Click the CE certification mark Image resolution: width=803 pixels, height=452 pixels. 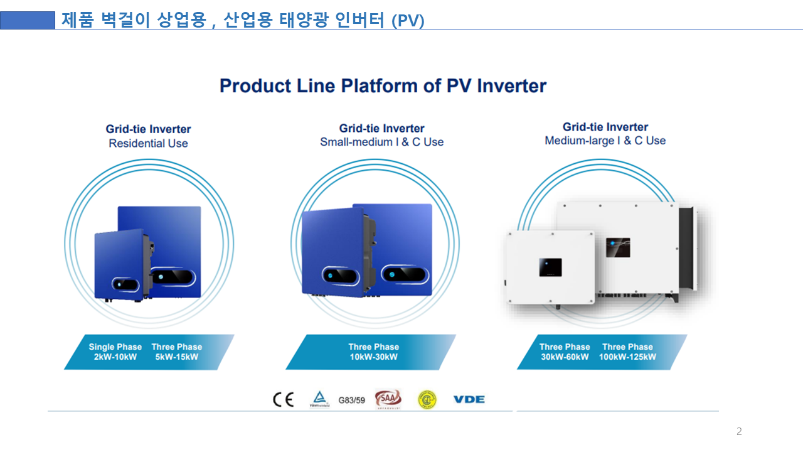pyautogui.click(x=283, y=400)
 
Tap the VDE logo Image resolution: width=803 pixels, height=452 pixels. pyautogui.click(x=469, y=399)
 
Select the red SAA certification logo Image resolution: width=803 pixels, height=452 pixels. pyautogui.click(x=388, y=399)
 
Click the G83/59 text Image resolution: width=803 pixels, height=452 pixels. pyautogui.click(x=351, y=400)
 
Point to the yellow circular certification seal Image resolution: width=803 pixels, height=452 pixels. pyautogui.click(x=427, y=399)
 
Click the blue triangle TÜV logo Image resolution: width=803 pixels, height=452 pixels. pyautogui.click(x=319, y=398)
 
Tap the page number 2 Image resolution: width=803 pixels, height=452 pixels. pyautogui.click(x=739, y=431)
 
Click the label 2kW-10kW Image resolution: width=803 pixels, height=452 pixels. pyautogui.click(x=115, y=357)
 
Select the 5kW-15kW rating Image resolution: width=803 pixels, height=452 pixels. pyautogui.click(x=177, y=357)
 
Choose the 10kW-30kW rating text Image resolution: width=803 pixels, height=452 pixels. pyautogui.click(x=374, y=357)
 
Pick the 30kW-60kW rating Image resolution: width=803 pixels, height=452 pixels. pyautogui.click(x=565, y=357)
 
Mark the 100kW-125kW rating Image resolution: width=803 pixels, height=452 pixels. pyautogui.click(x=627, y=357)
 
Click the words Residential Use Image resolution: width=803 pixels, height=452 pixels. pyautogui.click(x=148, y=143)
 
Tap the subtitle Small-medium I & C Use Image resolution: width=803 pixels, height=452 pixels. pyautogui.click(x=381, y=142)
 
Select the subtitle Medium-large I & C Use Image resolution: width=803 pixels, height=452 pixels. pyautogui.click(x=605, y=141)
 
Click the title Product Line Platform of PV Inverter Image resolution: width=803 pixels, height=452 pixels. pyautogui.click(x=383, y=85)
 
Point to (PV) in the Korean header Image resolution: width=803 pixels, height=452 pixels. pyautogui.click(x=408, y=21)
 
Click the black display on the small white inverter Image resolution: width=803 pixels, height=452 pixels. pyautogui.click(x=550, y=267)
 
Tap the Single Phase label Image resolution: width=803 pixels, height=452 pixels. pyautogui.click(x=115, y=347)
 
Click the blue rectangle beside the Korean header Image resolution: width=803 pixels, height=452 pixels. pyautogui.click(x=28, y=20)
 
